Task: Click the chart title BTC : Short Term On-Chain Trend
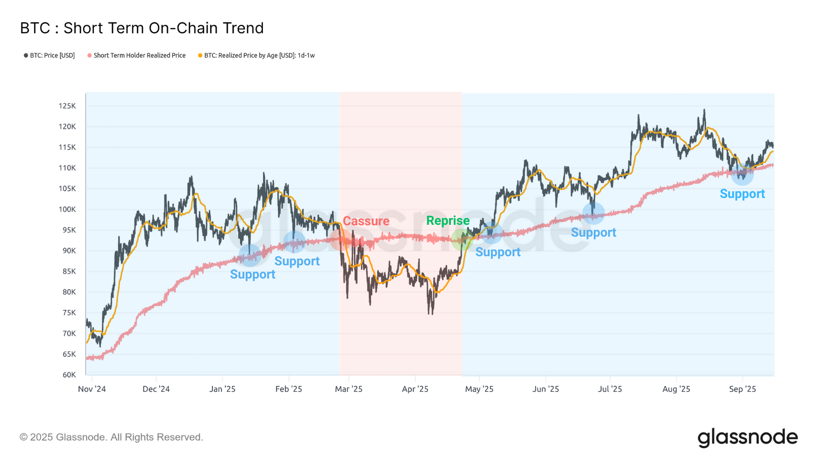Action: point(142,28)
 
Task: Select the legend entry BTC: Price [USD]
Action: point(50,56)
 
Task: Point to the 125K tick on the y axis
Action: point(67,106)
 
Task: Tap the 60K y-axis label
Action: point(69,375)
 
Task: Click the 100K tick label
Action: point(67,209)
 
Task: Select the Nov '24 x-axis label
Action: point(92,389)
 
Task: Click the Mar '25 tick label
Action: point(349,389)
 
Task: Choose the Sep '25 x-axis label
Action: point(742,389)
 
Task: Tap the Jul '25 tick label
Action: point(610,389)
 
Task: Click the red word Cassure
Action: point(366,221)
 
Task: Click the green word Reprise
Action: point(448,221)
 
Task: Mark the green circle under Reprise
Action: point(462,239)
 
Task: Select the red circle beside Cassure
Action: point(340,239)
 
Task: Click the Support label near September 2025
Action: point(742,194)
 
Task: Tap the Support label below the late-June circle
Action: point(593,233)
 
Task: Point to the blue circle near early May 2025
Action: point(491,233)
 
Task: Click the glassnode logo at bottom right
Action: point(747,437)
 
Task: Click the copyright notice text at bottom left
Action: point(111,437)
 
